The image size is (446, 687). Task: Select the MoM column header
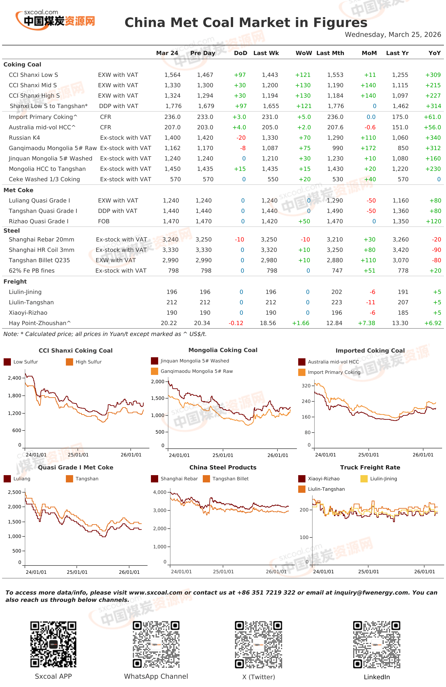369,53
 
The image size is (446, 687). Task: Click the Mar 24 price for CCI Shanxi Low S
172,75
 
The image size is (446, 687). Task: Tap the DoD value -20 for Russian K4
241,138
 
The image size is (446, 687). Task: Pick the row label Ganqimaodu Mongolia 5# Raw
53,148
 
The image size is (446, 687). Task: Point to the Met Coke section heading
18,190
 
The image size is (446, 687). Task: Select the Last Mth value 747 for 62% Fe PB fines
337,271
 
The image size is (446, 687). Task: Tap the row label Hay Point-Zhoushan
39,323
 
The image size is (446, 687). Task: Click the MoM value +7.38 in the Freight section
366,323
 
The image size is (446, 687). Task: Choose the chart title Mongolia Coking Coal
223,350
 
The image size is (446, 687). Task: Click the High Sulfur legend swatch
69,362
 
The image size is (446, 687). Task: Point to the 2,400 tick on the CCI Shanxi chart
15,378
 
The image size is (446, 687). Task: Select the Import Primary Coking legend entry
329,372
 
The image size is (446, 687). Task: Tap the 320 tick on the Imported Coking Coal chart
306,386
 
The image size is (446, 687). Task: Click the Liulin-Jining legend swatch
364,479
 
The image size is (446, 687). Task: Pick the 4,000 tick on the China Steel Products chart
160,492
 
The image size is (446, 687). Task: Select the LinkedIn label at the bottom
377,677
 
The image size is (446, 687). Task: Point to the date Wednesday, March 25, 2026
393,35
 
